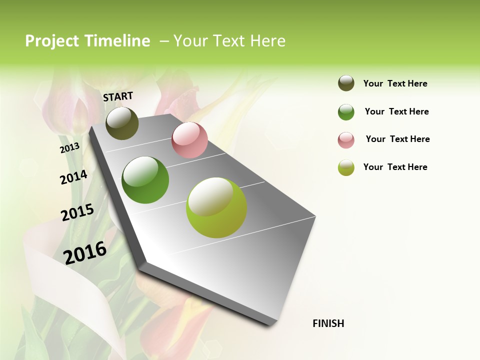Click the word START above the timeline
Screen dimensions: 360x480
click(x=118, y=96)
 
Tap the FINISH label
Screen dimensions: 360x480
click(x=328, y=323)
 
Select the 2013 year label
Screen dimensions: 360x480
click(x=69, y=147)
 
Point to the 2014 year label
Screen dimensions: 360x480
click(x=73, y=177)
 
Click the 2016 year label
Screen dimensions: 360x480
click(x=85, y=252)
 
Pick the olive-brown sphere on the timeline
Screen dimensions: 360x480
click(x=122, y=123)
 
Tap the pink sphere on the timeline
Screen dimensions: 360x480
click(x=189, y=140)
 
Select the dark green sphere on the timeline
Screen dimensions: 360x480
click(x=145, y=180)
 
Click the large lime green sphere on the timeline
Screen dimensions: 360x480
click(x=216, y=207)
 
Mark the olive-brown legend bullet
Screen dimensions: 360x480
click(x=346, y=83)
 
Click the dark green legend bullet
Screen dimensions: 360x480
click(x=346, y=112)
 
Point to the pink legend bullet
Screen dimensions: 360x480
click(x=346, y=140)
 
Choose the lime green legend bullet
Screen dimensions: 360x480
click(x=346, y=167)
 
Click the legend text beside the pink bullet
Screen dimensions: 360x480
click(x=397, y=139)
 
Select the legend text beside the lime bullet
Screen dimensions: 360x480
click(x=395, y=167)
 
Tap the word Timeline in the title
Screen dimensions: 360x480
click(x=117, y=41)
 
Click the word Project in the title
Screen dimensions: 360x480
click(x=52, y=41)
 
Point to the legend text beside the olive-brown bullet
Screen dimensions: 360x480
click(x=395, y=83)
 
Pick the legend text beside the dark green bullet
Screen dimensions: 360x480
click(x=396, y=111)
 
